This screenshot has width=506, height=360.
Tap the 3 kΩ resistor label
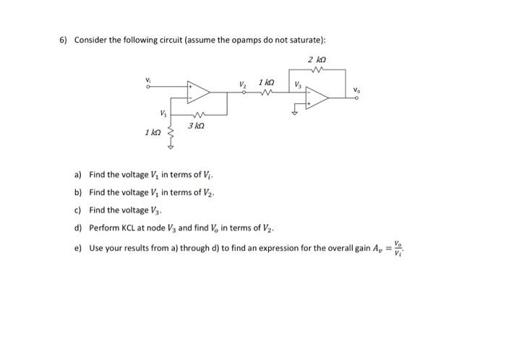point(195,126)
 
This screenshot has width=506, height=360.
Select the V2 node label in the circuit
point(243,85)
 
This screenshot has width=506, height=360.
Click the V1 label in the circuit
point(164,113)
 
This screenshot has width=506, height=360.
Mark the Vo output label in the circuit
point(356,90)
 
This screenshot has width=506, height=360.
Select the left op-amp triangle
point(197,91)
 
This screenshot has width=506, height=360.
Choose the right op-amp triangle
point(317,98)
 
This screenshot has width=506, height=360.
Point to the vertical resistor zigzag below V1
point(171,132)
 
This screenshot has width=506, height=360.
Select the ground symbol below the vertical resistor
point(171,147)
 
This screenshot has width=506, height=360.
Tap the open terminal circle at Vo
point(356,98)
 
